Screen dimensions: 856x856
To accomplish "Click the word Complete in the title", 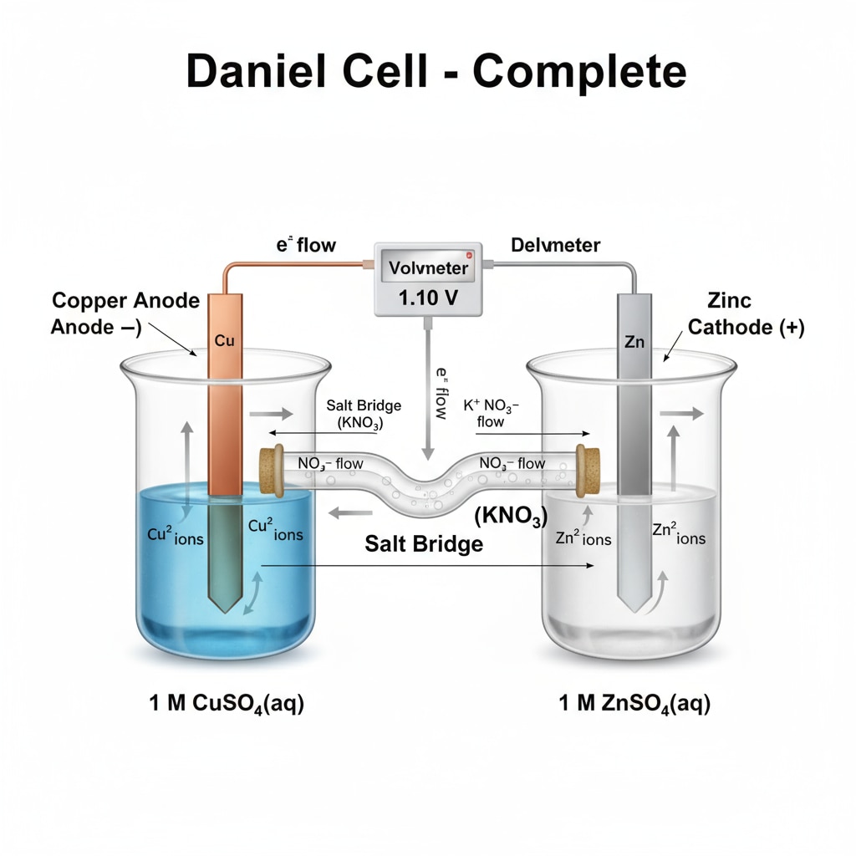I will point(579,73).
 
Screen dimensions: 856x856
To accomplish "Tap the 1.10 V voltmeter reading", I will point(429,298).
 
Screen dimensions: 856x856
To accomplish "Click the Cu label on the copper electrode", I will point(224,341).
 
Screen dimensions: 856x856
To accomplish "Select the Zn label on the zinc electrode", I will point(633,341).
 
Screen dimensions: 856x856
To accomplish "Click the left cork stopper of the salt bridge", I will point(271,469).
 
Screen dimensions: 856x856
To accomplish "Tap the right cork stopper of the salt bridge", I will point(588,471).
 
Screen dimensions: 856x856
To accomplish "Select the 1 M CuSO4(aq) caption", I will point(227,704).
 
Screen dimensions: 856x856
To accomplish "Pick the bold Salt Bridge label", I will point(424,544).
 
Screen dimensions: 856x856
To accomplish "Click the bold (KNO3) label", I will point(510,517).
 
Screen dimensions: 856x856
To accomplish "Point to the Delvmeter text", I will point(555,245).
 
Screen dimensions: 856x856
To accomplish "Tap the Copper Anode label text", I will point(125,300).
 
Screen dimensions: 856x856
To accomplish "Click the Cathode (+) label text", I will point(746,327).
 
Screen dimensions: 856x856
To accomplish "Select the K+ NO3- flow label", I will point(491,413).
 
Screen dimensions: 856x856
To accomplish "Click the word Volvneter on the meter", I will point(429,268).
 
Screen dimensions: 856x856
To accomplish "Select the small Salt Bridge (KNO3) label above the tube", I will point(364,414).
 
